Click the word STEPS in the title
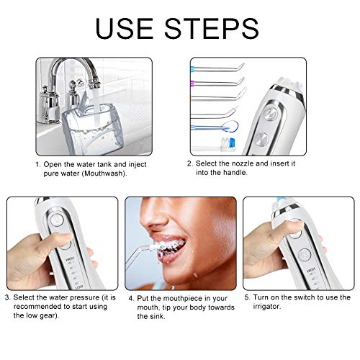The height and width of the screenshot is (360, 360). (x=212, y=28)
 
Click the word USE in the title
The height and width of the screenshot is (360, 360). (x=125, y=28)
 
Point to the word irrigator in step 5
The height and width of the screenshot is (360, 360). (x=266, y=306)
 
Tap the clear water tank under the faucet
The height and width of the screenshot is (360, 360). (x=94, y=130)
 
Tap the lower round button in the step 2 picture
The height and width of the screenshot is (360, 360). (x=261, y=139)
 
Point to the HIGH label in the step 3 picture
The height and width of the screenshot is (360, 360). (x=70, y=258)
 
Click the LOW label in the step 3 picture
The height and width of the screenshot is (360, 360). (x=79, y=287)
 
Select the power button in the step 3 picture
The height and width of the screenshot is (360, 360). (x=57, y=220)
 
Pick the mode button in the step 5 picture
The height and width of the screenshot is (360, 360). (x=305, y=255)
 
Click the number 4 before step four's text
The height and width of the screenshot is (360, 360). (x=130, y=299)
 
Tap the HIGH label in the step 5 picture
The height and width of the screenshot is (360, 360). (x=311, y=270)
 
